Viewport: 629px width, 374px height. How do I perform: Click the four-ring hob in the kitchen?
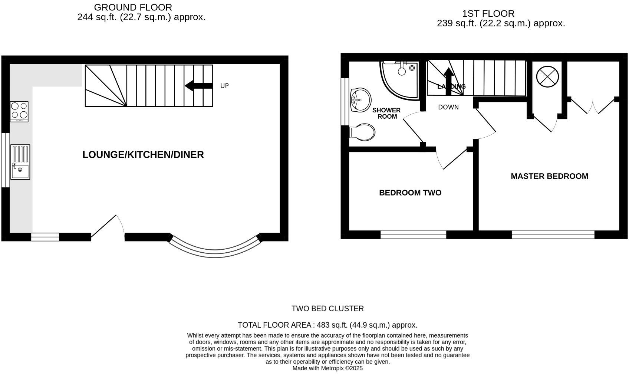(x=19, y=111)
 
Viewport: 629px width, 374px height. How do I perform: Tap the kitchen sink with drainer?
(x=20, y=162)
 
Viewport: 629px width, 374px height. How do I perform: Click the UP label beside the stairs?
(x=224, y=86)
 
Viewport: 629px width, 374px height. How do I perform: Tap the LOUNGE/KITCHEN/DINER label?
(x=143, y=155)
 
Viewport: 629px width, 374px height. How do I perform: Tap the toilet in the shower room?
(x=363, y=131)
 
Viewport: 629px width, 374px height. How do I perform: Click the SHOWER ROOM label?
(x=386, y=113)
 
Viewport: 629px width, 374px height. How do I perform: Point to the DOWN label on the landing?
(x=448, y=107)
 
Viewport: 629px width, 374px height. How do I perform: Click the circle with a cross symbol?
(x=547, y=77)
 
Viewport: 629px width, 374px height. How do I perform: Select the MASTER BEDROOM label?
(x=549, y=176)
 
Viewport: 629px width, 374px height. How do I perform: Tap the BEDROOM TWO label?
(x=410, y=193)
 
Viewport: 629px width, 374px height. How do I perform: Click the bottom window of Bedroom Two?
(x=413, y=234)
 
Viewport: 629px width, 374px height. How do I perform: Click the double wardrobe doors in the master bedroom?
(x=593, y=106)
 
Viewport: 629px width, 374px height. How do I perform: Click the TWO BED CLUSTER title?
(x=327, y=309)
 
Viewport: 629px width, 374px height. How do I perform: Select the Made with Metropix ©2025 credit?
(x=327, y=368)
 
